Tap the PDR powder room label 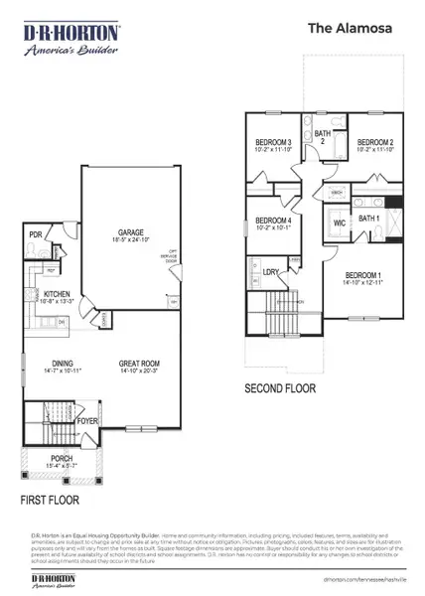36,235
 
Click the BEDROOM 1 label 361,275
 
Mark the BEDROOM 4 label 272,221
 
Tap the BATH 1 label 368,218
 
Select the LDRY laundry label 270,270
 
